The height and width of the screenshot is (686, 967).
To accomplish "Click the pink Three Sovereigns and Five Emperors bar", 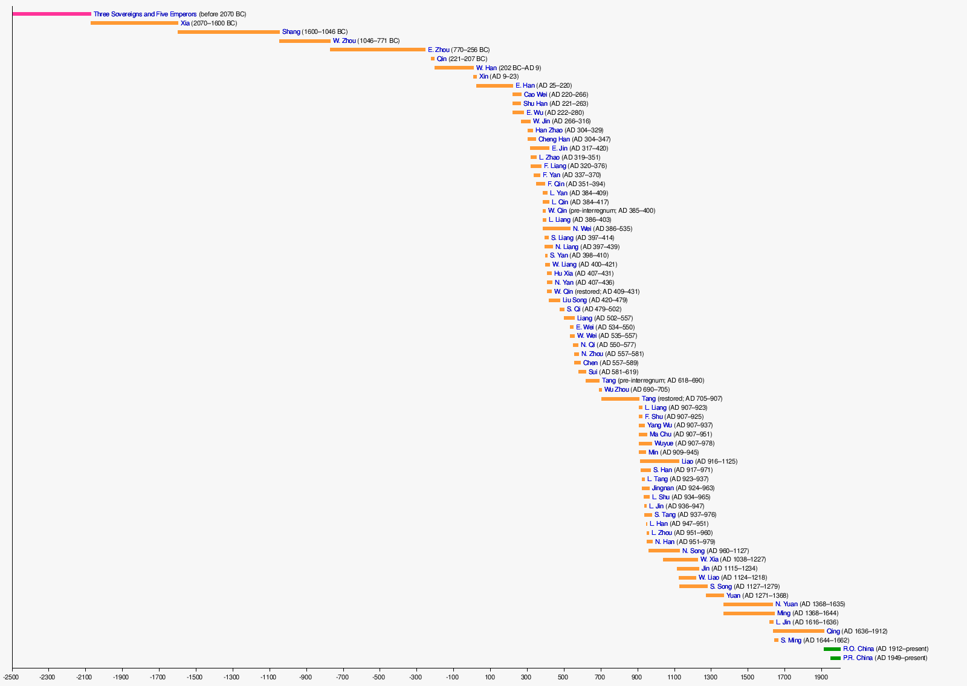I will (51, 14).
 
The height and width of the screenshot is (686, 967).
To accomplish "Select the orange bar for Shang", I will (228, 32).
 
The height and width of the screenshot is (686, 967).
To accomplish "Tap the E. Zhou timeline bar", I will (378, 50).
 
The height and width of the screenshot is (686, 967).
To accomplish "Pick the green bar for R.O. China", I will (832, 649).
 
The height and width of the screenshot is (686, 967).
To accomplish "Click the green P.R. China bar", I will (835, 658).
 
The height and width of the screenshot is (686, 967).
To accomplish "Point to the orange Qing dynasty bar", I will (798, 631).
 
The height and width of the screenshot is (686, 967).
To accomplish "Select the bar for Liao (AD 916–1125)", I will (659, 461).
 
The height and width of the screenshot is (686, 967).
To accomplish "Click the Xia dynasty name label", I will (185, 23).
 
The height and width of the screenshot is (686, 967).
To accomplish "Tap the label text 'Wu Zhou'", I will (616, 390).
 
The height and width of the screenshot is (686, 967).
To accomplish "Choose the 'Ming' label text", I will (783, 613).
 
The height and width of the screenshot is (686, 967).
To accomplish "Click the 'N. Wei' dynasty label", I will (582, 228).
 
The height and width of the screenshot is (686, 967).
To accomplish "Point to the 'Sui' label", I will (593, 372).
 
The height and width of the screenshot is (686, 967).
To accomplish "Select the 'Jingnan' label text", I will (662, 488).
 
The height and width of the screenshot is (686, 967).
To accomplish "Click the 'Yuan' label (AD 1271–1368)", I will (733, 595).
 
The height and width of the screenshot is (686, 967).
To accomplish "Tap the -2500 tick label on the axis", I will (11, 677).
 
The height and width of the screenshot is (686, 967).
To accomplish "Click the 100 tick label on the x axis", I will (490, 677).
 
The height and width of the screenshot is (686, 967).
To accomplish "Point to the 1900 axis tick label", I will (821, 677).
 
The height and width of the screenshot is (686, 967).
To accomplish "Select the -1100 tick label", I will (269, 677).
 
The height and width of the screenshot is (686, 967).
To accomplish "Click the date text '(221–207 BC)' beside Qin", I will (468, 59).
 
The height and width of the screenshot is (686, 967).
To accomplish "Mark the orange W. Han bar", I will (454, 68).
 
